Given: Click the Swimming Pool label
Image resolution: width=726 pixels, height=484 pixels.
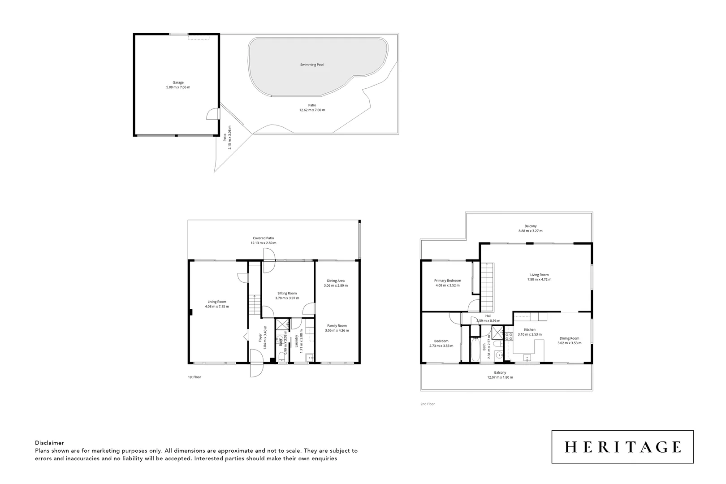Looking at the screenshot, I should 311,65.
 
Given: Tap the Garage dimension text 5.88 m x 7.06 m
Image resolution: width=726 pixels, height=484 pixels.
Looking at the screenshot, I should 178,87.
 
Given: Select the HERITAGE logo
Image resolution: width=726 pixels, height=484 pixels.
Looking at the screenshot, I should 622,447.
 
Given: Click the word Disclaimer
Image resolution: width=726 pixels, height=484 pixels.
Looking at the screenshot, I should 49,443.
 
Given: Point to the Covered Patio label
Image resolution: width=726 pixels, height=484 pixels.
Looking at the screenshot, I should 263,238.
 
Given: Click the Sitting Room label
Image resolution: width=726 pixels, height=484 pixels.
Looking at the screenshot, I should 287,294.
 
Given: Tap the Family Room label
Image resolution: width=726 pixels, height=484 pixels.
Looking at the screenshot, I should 337,326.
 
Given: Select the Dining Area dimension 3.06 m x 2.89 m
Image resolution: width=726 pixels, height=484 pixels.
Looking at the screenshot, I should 336,285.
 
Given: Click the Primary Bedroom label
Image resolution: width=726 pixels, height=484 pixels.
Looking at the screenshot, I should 447,281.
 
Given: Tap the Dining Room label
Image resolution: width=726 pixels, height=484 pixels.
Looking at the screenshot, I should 569,338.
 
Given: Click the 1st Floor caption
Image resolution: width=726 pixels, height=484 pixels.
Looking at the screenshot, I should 194,377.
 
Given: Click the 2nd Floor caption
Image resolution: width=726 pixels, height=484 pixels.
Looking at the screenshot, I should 428,404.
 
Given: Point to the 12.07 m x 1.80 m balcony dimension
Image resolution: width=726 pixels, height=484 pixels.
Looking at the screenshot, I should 500,377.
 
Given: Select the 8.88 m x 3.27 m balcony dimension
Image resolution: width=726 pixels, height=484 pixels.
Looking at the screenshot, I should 530,231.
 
